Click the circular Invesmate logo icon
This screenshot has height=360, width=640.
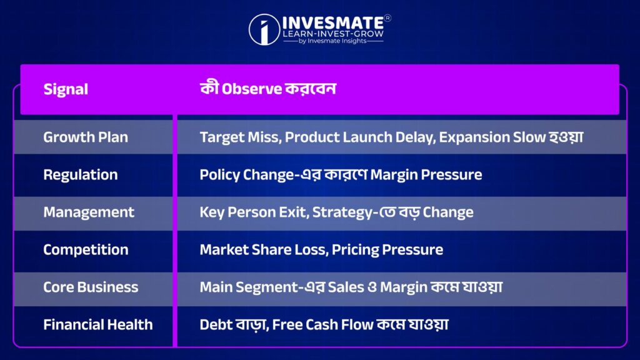264,29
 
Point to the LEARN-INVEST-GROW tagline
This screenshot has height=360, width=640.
333,34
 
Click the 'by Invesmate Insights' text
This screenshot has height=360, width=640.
332,41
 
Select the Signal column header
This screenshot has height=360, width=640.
66,89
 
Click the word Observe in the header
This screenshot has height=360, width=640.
252,89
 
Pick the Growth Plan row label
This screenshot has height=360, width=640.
86,137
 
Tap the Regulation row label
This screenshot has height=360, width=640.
81,175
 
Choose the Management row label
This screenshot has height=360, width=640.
89,212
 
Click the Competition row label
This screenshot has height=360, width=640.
86,249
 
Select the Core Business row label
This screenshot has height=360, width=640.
91,287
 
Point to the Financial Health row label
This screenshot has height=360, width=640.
98,324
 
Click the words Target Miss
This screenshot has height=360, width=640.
241,137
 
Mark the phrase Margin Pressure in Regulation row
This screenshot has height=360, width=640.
426,175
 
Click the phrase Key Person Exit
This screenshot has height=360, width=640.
254,212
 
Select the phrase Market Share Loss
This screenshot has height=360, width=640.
264,249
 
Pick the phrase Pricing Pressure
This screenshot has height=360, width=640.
387,249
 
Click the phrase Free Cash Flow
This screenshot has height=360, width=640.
322,324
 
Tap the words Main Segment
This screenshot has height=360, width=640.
249,287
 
